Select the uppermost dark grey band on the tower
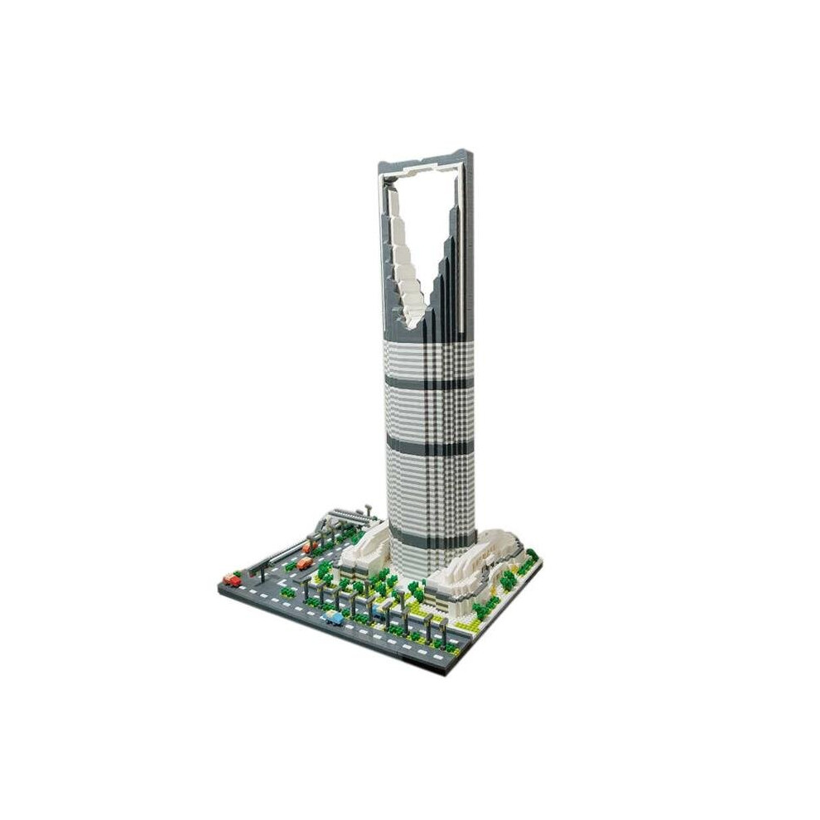(x=428, y=383)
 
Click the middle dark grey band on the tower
(x=430, y=448)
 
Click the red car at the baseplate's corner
(x=233, y=581)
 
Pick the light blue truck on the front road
(x=333, y=617)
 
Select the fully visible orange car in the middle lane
(x=304, y=563)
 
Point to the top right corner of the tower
(x=470, y=152)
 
